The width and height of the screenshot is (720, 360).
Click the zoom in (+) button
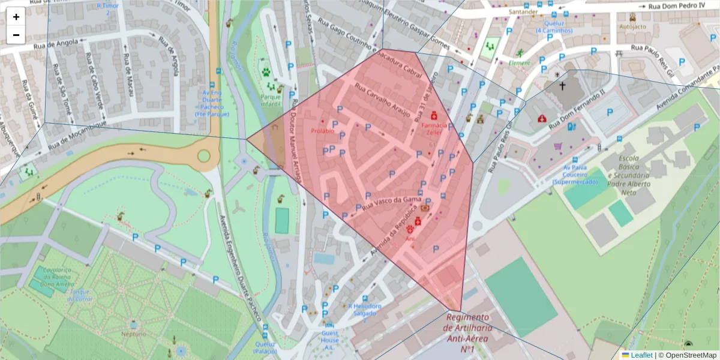pyautogui.click(x=16, y=17)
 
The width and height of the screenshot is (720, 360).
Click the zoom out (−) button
pyautogui.click(x=16, y=35)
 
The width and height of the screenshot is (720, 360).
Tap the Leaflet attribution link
pyautogui.click(x=641, y=355)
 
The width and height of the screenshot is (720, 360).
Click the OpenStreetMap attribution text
pyautogui.click(x=687, y=355)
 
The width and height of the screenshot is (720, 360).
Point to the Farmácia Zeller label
pyautogui.click(x=435, y=129)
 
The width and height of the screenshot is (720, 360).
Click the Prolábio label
pyautogui.click(x=322, y=130)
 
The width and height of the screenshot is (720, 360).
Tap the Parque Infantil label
pyautogui.click(x=271, y=100)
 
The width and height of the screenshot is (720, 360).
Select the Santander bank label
pyautogui.click(x=520, y=11)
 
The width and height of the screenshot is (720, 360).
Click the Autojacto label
pyautogui.click(x=632, y=27)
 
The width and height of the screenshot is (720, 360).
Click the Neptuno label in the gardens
pyautogui.click(x=133, y=334)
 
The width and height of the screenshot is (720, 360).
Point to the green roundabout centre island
pyautogui.click(x=204, y=156)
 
